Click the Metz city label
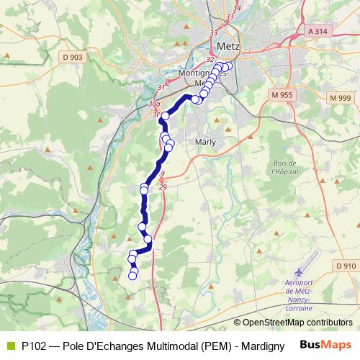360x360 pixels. click(x=228, y=45)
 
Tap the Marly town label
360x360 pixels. click(x=205, y=142)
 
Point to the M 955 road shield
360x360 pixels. click(x=285, y=94)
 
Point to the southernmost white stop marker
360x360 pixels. click(x=132, y=276)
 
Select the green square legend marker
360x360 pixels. click(x=9, y=346)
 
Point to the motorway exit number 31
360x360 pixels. click(x=161, y=87)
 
